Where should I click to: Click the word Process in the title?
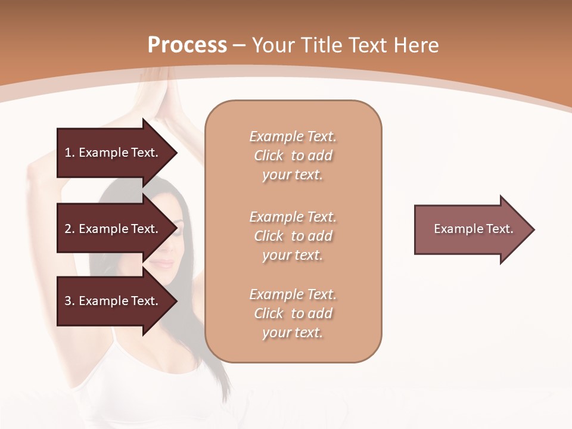187,45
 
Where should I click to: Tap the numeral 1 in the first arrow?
67,153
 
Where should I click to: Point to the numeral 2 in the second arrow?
67,229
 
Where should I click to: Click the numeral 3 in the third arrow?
67,301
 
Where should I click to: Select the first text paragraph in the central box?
293,156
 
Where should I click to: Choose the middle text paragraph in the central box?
293,235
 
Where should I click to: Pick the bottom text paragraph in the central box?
293,313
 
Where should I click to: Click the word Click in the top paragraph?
269,156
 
